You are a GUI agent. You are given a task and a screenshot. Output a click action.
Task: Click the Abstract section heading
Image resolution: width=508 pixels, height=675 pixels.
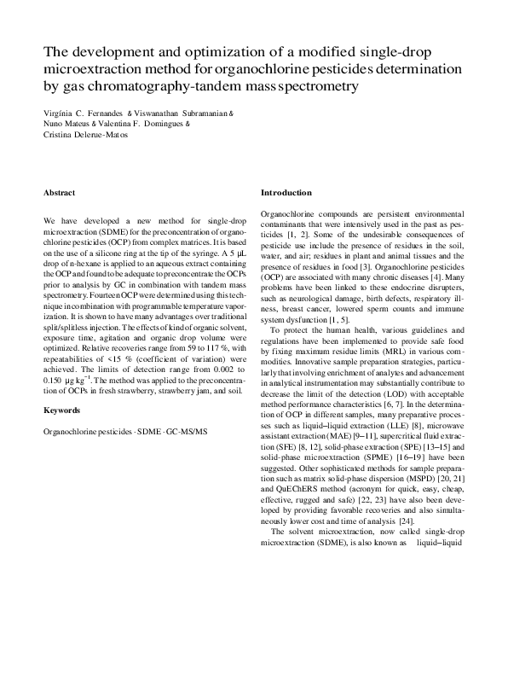(x=59, y=193)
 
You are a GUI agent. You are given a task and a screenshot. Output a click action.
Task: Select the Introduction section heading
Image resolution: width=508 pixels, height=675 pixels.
(x=286, y=193)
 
